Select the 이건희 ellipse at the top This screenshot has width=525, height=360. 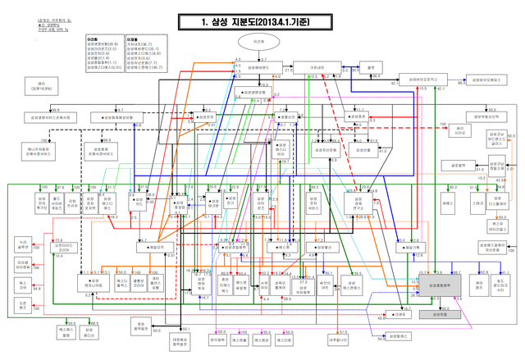[258, 41]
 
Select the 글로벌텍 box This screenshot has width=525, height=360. [459, 166]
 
